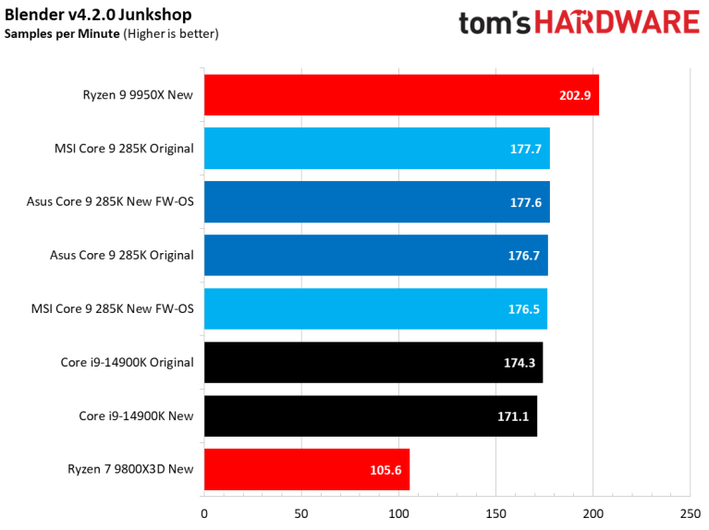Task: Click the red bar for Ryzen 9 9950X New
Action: coord(401,95)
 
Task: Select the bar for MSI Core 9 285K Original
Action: coord(376,149)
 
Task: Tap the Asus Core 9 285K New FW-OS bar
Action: coord(376,202)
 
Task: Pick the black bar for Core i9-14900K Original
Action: coord(373,362)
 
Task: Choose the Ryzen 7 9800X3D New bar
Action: coord(306,469)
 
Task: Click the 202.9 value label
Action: coord(575,96)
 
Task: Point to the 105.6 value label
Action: coord(385,470)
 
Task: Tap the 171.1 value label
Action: coord(513,416)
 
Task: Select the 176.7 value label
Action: coord(523,256)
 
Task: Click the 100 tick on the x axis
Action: coord(398,513)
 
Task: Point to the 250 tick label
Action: coord(691,513)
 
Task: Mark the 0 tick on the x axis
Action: coord(204,513)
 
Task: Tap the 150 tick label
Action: coord(495,513)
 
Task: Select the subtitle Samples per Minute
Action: coord(62,34)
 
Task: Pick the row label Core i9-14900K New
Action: coord(136,416)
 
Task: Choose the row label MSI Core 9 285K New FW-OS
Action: coord(124,308)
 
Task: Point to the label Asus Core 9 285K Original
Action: coord(121,255)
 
